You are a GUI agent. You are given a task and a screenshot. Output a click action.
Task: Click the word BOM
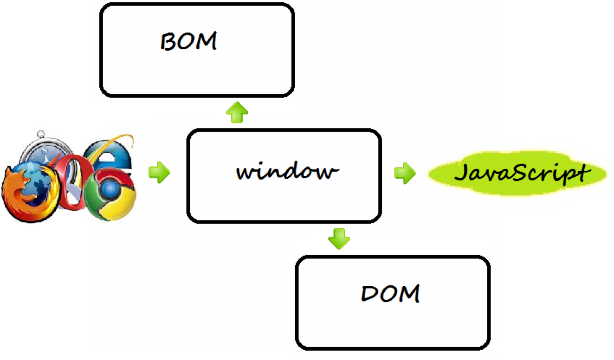[x=188, y=42]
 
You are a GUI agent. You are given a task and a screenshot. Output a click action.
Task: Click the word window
[x=285, y=172]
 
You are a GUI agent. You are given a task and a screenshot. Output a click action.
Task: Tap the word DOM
[x=390, y=294]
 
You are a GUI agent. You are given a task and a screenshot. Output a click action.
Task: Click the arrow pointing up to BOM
[x=237, y=113]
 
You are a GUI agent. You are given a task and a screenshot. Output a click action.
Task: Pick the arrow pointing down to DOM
[x=339, y=238]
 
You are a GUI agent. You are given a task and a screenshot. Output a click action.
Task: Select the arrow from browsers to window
[x=159, y=173]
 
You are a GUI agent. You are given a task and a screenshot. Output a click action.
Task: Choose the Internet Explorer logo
[x=109, y=153]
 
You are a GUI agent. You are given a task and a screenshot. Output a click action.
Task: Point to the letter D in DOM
[x=369, y=294]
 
